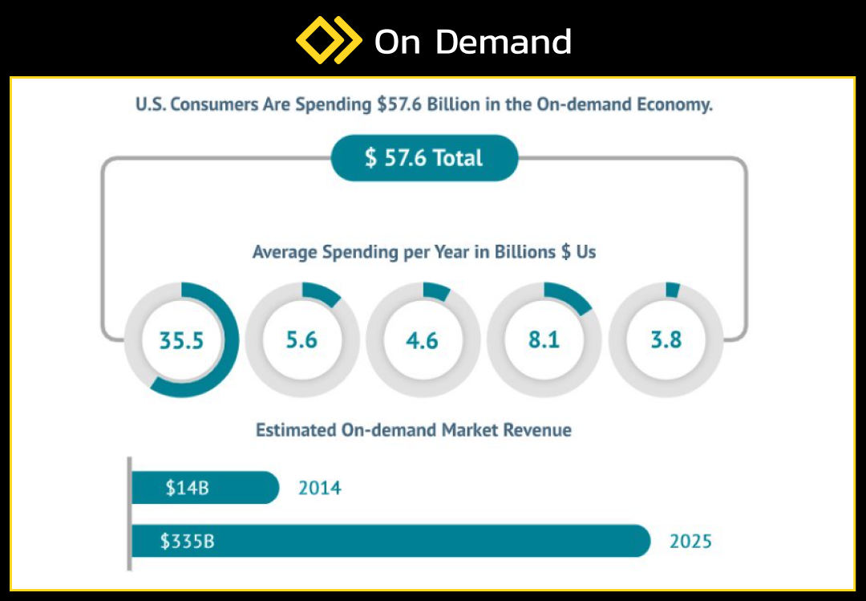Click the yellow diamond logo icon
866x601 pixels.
coord(329,40)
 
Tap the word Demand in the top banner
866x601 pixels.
coord(503,42)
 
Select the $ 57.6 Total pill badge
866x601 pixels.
coord(424,158)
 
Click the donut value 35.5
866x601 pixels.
coord(182,340)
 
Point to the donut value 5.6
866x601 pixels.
coord(301,340)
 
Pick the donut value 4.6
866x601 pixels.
coord(423,340)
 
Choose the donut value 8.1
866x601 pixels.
coord(544,340)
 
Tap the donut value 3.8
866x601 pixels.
coord(666,340)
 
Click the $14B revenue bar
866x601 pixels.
coord(205,488)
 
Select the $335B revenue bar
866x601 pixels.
coord(391,541)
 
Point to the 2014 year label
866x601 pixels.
coord(320,488)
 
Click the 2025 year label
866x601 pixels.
coord(690,541)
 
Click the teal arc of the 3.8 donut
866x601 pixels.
coord(673,290)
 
